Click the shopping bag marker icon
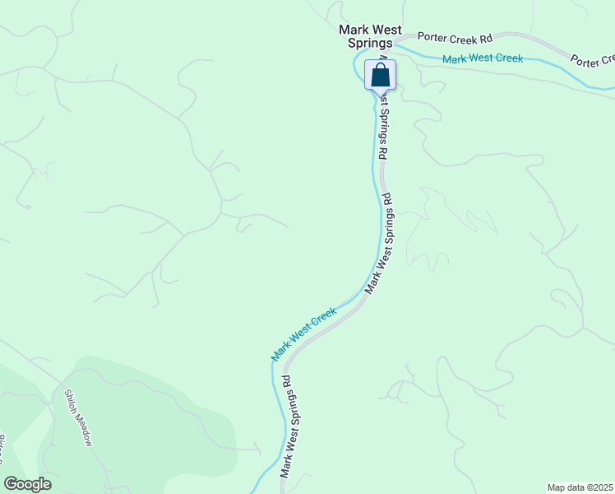tap(380, 75)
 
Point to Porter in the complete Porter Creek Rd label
tap(431, 37)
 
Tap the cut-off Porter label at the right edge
tap(591, 60)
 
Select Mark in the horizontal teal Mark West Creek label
tap(455, 59)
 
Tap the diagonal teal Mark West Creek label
tap(304, 333)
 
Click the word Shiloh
tap(72, 399)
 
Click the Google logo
tap(27, 484)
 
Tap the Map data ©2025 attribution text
tap(580, 487)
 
